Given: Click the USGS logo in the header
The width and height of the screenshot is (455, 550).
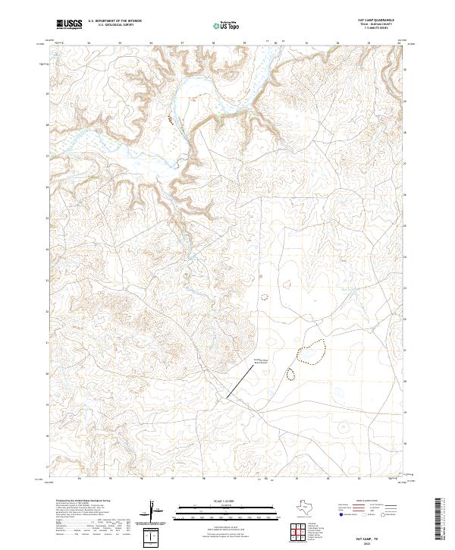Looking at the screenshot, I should click(x=70, y=24).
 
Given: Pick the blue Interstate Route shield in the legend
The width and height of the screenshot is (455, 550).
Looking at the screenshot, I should click(x=340, y=515).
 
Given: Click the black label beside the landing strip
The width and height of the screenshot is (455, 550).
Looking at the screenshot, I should click(x=262, y=362).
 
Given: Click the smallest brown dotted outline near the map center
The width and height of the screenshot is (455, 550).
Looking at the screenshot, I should click(x=265, y=297).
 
